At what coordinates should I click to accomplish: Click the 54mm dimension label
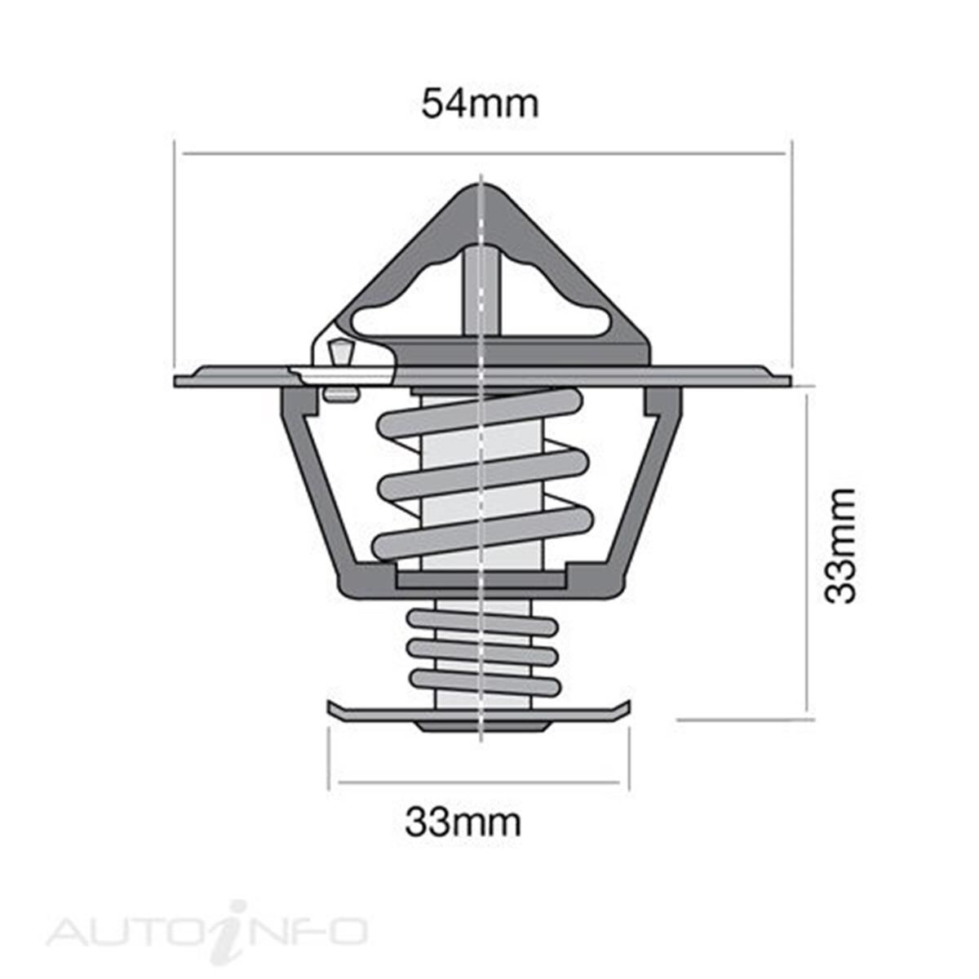tap(480, 104)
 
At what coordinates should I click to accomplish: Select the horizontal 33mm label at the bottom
tap(463, 822)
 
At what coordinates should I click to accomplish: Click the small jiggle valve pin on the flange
tap(338, 356)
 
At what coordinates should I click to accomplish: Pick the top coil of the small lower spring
tap(482, 624)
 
